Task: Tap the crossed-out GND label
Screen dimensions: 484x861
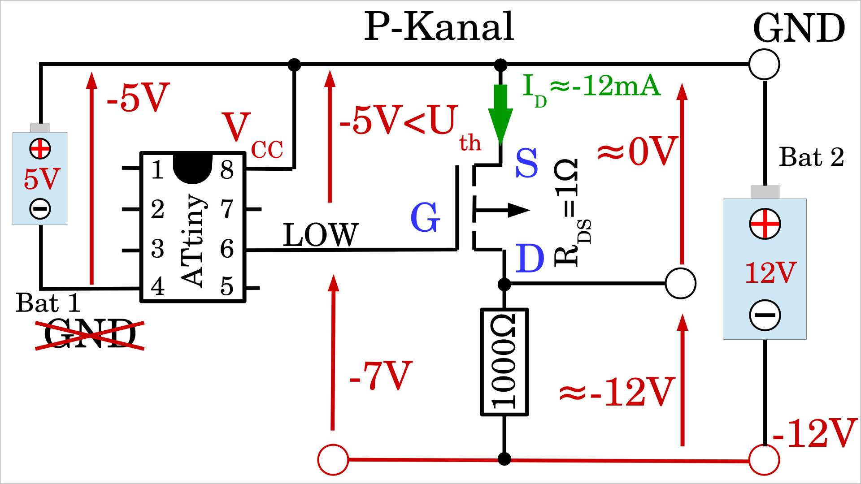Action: click(x=90, y=334)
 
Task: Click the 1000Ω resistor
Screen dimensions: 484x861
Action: click(x=504, y=362)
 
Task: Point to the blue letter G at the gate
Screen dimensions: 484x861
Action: click(x=425, y=217)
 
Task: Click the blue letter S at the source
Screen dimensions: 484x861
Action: click(x=526, y=163)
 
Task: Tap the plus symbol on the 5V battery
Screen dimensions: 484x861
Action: click(x=40, y=149)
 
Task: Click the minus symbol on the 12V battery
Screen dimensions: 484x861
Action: click(x=765, y=315)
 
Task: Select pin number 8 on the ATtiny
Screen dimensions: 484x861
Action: click(x=227, y=170)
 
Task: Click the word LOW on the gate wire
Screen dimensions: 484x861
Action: click(x=321, y=235)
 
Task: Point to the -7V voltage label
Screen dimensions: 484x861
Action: click(x=380, y=376)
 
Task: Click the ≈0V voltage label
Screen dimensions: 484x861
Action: click(x=637, y=151)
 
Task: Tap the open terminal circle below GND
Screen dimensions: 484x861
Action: click(x=764, y=65)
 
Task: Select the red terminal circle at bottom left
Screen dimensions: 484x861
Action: click(x=333, y=460)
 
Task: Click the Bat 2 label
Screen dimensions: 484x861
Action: click(x=811, y=157)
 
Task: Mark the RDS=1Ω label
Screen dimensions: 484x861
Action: click(x=571, y=213)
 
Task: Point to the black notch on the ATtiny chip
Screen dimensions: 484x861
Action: click(x=192, y=168)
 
